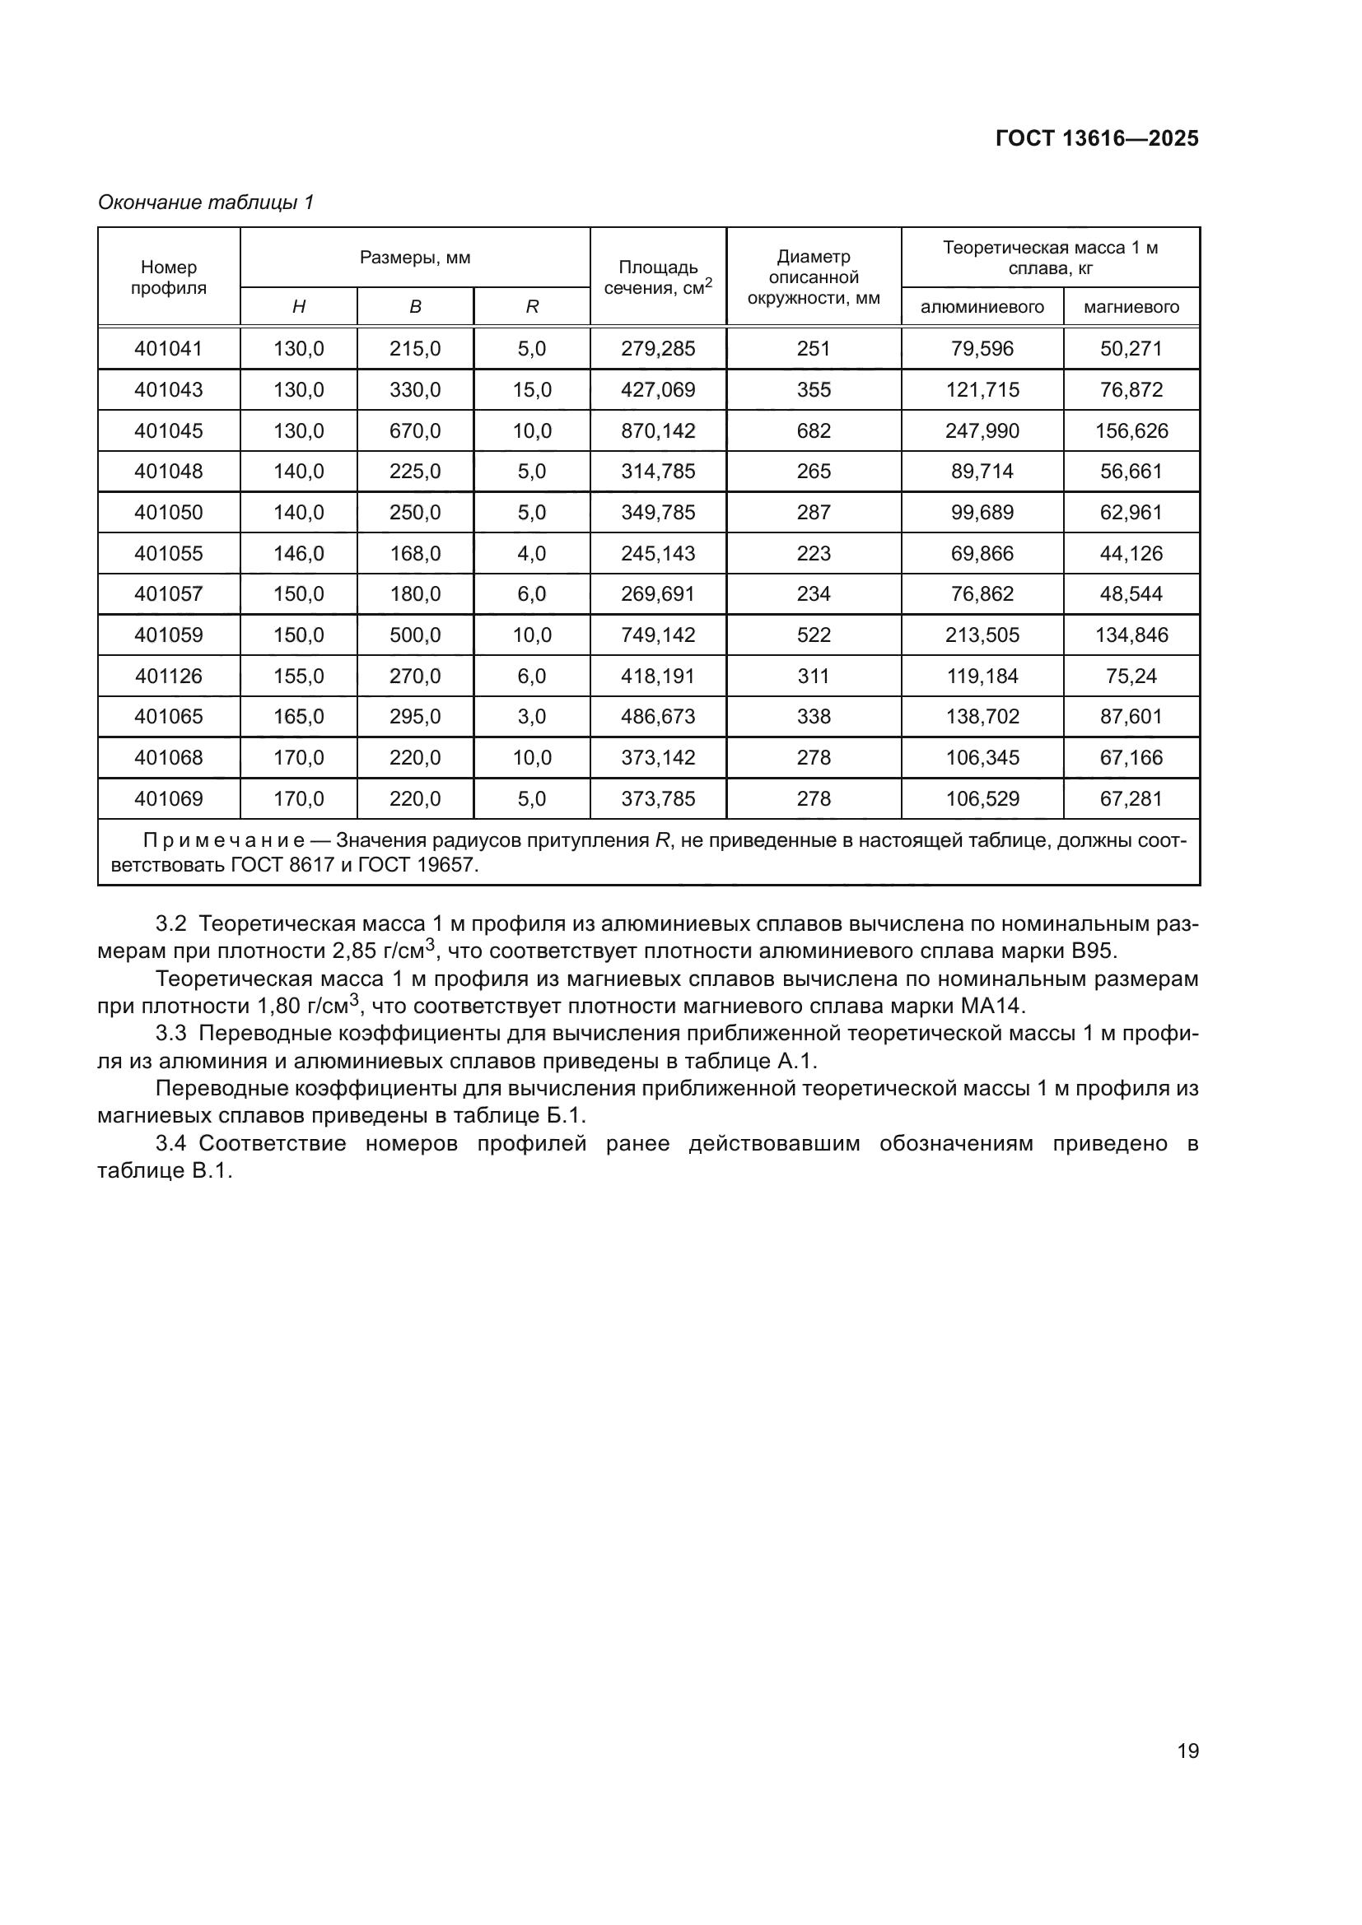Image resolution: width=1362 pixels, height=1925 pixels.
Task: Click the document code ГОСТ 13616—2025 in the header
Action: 1096,138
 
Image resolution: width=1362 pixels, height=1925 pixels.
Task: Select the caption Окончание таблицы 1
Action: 206,202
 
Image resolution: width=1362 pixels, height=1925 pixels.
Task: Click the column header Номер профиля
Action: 169,277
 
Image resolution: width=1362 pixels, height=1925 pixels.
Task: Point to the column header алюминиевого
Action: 982,307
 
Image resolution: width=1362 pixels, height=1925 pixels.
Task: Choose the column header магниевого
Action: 1131,307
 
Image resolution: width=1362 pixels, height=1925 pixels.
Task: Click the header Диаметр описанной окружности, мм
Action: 813,277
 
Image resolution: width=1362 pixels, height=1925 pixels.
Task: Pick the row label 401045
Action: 169,431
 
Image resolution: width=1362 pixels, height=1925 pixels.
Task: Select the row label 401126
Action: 169,676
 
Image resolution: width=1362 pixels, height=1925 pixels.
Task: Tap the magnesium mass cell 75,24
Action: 1131,676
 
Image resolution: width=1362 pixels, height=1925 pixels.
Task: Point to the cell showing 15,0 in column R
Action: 532,390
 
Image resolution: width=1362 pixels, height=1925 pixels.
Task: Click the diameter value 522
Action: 813,635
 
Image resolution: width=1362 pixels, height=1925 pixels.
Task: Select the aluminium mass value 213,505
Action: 982,635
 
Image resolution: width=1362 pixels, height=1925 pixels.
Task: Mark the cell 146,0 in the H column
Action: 299,553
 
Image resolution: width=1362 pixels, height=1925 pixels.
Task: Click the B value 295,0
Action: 414,717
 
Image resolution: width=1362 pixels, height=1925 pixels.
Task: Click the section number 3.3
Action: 171,1034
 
